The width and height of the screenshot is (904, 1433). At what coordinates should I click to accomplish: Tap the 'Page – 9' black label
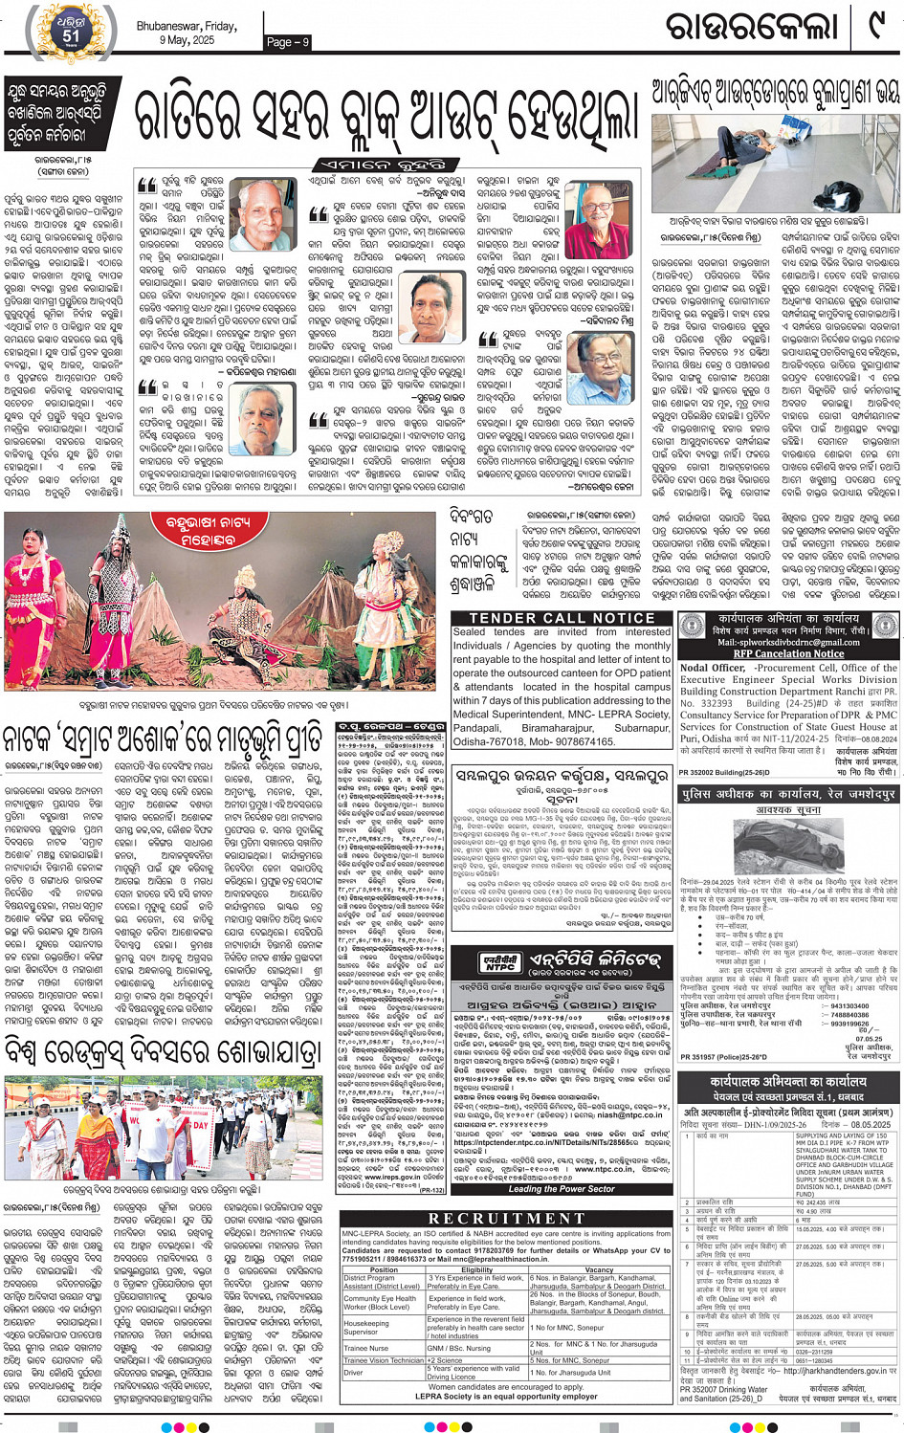click(x=288, y=41)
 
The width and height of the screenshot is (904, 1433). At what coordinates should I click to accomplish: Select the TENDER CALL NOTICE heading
click(x=562, y=618)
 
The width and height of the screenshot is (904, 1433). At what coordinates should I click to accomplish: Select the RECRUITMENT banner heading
click(x=507, y=1218)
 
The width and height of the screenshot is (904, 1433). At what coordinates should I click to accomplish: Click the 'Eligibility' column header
click(x=476, y=1269)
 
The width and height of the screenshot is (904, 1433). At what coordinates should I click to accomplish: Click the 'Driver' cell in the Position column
click(x=353, y=1372)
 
